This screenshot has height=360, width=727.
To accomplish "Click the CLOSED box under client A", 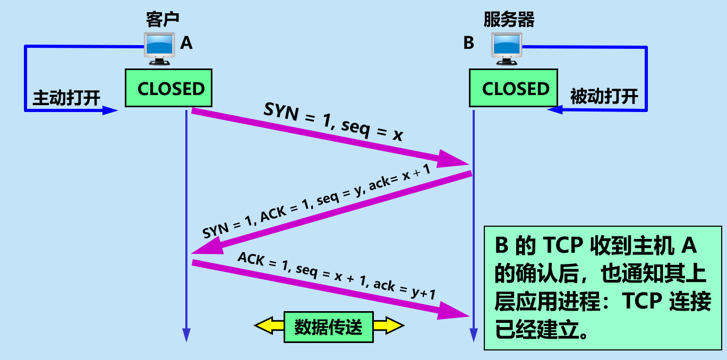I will coord(168,88).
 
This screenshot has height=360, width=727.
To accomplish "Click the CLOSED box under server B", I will coord(512,88).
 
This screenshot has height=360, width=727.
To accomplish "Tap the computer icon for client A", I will coord(159,48).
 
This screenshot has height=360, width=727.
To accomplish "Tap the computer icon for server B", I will coord(507,48).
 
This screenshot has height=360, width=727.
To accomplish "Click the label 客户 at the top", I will coord(162,20).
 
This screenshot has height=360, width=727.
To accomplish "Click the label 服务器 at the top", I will coord(509,20).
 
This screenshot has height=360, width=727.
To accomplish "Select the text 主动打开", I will coord(67,98).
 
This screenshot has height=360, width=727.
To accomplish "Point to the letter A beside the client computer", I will coord(186,42).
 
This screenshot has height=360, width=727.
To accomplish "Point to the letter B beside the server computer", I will coord(468,42).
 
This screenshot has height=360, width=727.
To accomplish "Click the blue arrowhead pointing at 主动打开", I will coord(110,110).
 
